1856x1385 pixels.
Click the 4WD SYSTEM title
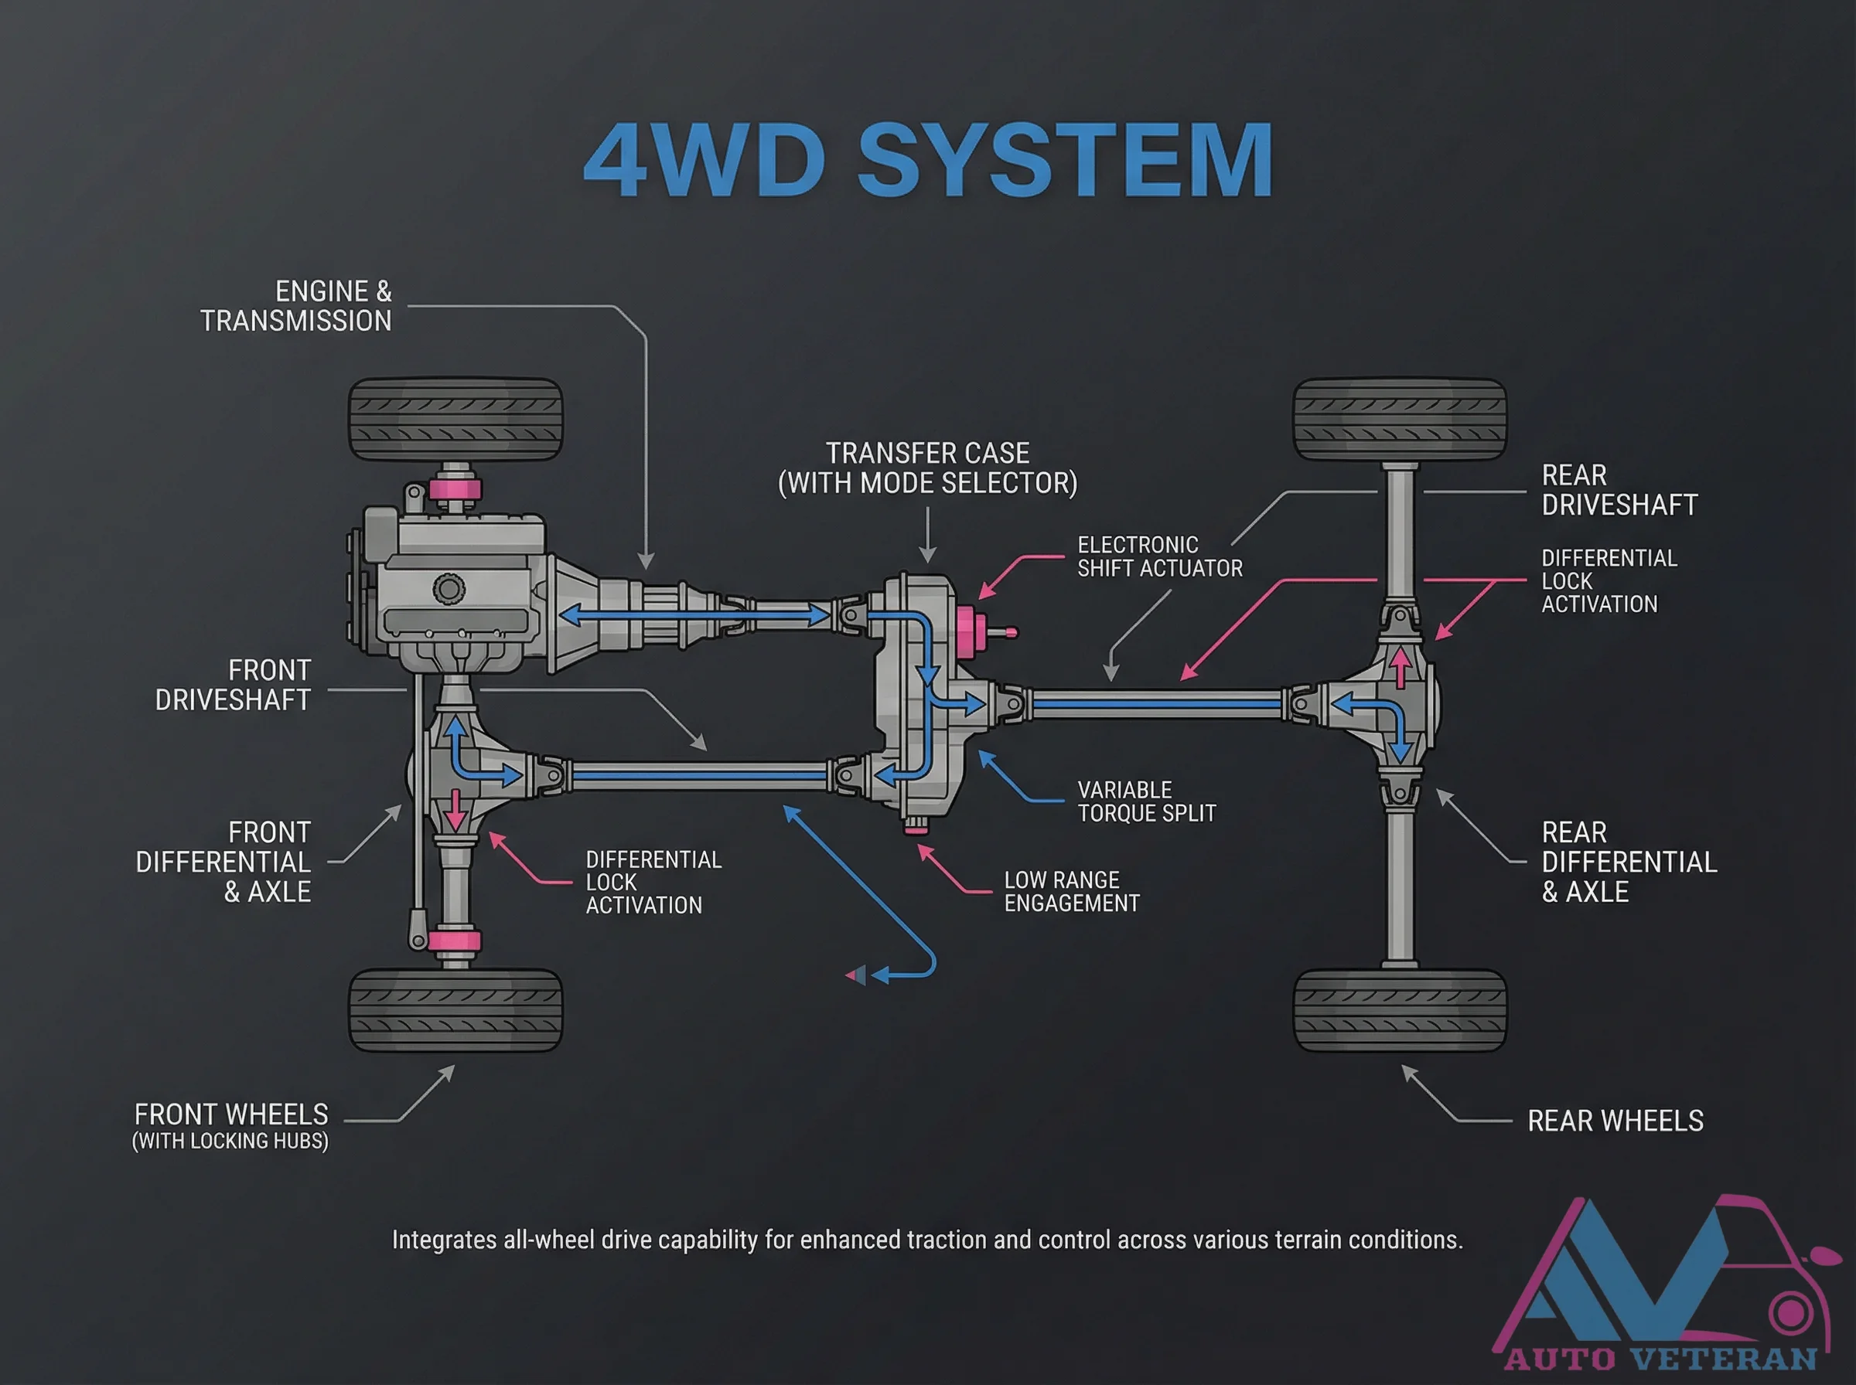click(x=929, y=159)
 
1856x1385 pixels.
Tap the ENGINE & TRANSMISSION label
click(x=295, y=306)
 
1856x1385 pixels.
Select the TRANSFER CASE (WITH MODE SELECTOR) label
click(x=927, y=468)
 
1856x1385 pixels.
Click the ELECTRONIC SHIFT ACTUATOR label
click(x=1159, y=556)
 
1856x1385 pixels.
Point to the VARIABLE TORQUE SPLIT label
click(x=1145, y=801)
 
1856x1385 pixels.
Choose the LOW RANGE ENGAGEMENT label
click(x=1071, y=891)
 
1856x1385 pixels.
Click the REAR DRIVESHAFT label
click(x=1619, y=491)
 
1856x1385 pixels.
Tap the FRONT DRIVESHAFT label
click(x=232, y=685)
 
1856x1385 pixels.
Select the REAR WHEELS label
click(x=1615, y=1121)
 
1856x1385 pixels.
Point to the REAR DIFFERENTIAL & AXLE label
click(x=1628, y=862)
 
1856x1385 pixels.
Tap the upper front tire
click(x=455, y=419)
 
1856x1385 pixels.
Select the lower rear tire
click(x=1399, y=1011)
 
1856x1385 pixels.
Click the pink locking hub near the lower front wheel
click(x=454, y=941)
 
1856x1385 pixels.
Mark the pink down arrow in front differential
click(x=455, y=809)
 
